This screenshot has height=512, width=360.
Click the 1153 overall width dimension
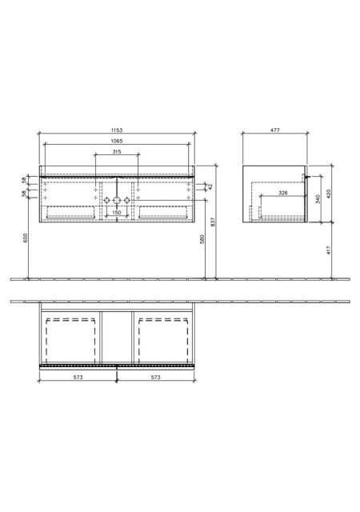click(117, 130)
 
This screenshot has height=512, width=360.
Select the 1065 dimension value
click(117, 141)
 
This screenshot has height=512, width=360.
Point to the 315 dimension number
click(117, 151)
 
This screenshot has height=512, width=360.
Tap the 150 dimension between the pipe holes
click(117, 213)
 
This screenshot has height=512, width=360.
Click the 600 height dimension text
click(26, 238)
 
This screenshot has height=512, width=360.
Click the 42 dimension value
click(210, 186)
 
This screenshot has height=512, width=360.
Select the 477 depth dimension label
click(275, 130)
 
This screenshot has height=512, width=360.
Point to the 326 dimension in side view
click(283, 193)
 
